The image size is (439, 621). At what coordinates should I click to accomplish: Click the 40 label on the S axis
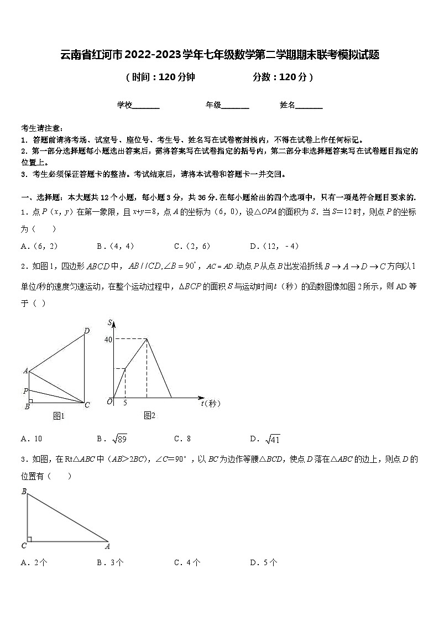click(x=108, y=340)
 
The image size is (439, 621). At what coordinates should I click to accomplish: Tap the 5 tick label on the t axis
click(x=125, y=403)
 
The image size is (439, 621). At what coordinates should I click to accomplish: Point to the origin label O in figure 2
click(x=109, y=401)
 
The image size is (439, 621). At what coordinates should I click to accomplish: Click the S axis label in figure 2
click(x=111, y=322)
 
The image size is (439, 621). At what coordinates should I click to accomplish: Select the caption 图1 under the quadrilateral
click(x=59, y=416)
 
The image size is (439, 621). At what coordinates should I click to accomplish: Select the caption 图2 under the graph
click(x=149, y=415)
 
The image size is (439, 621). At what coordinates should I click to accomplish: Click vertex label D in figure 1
click(x=86, y=331)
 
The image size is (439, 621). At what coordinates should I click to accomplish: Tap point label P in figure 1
click(x=25, y=391)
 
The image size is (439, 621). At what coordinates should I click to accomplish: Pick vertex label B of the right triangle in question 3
click(x=24, y=491)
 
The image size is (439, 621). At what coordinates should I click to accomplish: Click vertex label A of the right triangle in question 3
click(x=107, y=546)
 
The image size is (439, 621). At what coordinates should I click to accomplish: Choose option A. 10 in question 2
click(x=32, y=439)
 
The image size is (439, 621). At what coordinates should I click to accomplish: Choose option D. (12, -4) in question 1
click(x=274, y=246)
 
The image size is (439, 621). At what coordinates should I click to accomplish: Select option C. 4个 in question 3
click(x=187, y=563)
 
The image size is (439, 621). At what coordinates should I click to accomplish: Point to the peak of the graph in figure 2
click(x=147, y=339)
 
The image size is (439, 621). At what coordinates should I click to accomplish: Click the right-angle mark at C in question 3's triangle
click(x=29, y=539)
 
